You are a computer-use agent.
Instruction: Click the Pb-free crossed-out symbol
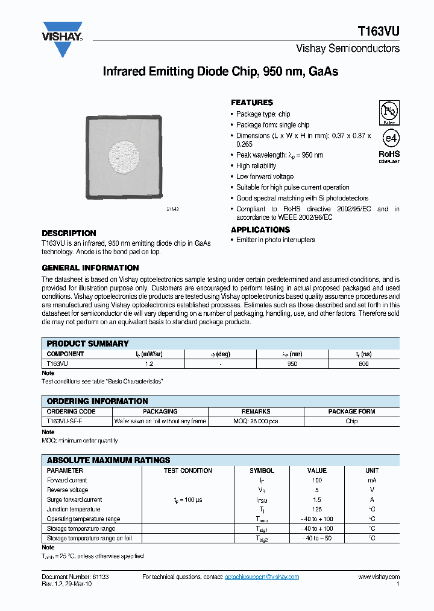(389, 113)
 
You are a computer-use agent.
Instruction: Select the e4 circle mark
(390, 138)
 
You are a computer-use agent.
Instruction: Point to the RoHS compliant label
(389, 156)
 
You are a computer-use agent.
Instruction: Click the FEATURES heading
(252, 103)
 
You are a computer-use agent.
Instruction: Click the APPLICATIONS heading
(260, 230)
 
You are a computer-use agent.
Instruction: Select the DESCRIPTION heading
(69, 233)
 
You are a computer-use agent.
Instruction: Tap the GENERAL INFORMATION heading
(90, 268)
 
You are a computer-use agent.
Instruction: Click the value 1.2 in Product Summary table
(148, 364)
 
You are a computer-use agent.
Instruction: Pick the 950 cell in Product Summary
(292, 364)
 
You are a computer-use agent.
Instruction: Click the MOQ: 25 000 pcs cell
(256, 421)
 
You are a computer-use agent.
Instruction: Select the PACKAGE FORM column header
(351, 412)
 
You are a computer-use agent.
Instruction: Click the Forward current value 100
(317, 481)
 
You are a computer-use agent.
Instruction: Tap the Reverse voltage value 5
(317, 490)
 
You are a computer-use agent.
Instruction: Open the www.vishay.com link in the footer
(379, 577)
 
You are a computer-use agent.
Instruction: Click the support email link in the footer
(262, 577)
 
